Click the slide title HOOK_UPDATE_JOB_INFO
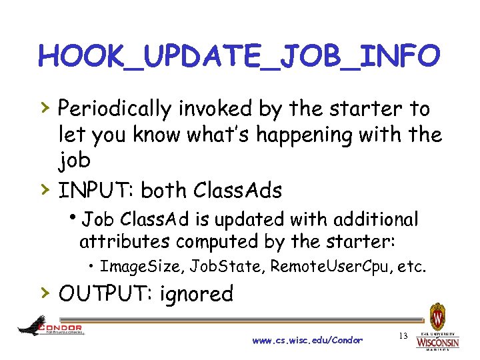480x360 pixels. click(x=239, y=56)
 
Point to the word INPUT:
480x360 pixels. click(x=95, y=191)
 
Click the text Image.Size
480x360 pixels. click(x=141, y=267)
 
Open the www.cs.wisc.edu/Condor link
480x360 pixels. click(x=307, y=341)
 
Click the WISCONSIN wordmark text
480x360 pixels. click(x=437, y=343)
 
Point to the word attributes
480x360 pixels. click(x=119, y=240)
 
